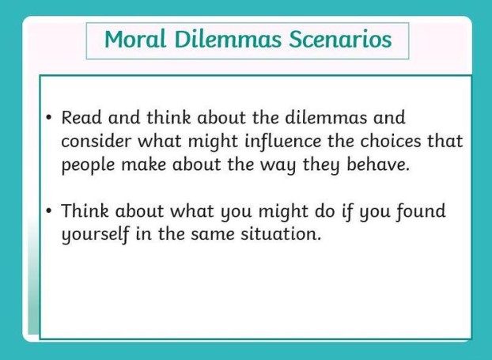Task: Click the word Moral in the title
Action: pos(135,40)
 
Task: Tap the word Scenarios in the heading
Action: pos(340,40)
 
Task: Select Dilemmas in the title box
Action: pos(228,40)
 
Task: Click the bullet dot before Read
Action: pos(48,118)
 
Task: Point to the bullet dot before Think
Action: pos(48,210)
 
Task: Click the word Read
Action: pos(81,118)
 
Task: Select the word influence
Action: pos(283,142)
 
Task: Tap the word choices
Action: pos(391,142)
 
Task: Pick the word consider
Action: pos(96,142)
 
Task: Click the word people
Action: pos(88,165)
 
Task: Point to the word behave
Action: pos(378,165)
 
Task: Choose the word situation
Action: pos(281,234)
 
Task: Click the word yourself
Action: pos(96,235)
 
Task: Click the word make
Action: pos(143,165)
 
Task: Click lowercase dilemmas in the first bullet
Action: pos(326,118)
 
